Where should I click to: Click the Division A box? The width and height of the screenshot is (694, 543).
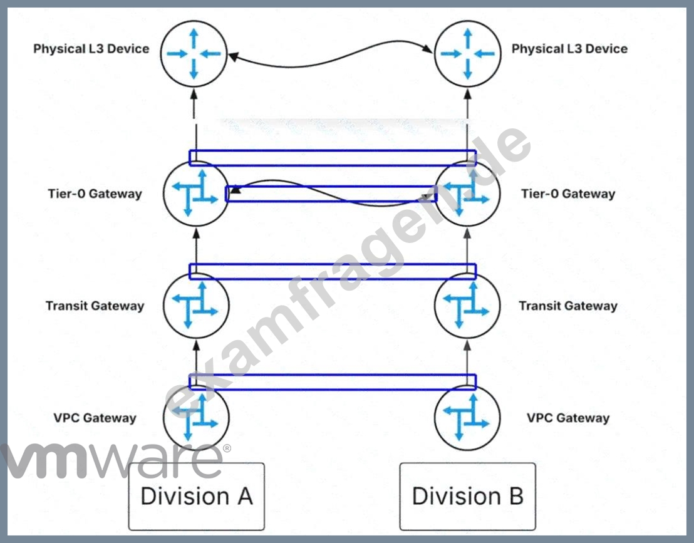[196, 496]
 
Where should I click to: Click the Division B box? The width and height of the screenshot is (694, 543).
[467, 496]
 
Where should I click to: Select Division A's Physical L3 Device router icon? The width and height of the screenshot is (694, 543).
[194, 54]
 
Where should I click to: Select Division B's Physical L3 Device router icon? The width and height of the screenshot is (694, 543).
[468, 54]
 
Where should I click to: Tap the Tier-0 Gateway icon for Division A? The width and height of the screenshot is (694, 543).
[196, 194]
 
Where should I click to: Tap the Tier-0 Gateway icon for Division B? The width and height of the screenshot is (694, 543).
[467, 194]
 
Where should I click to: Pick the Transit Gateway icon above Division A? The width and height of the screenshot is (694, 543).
[196, 306]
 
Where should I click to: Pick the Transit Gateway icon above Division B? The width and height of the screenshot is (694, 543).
[467, 306]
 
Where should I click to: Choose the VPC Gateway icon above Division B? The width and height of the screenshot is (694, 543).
[467, 417]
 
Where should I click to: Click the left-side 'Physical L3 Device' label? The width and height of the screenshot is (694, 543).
[91, 49]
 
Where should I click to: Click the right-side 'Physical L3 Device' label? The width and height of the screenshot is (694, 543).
[569, 49]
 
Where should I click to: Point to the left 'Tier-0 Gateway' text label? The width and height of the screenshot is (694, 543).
[95, 194]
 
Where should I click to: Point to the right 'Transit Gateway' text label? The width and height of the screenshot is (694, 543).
[568, 306]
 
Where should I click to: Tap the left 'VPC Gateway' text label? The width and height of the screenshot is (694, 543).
[95, 418]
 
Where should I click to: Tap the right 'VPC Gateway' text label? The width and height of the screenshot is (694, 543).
[568, 418]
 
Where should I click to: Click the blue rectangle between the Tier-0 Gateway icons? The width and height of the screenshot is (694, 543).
[331, 194]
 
